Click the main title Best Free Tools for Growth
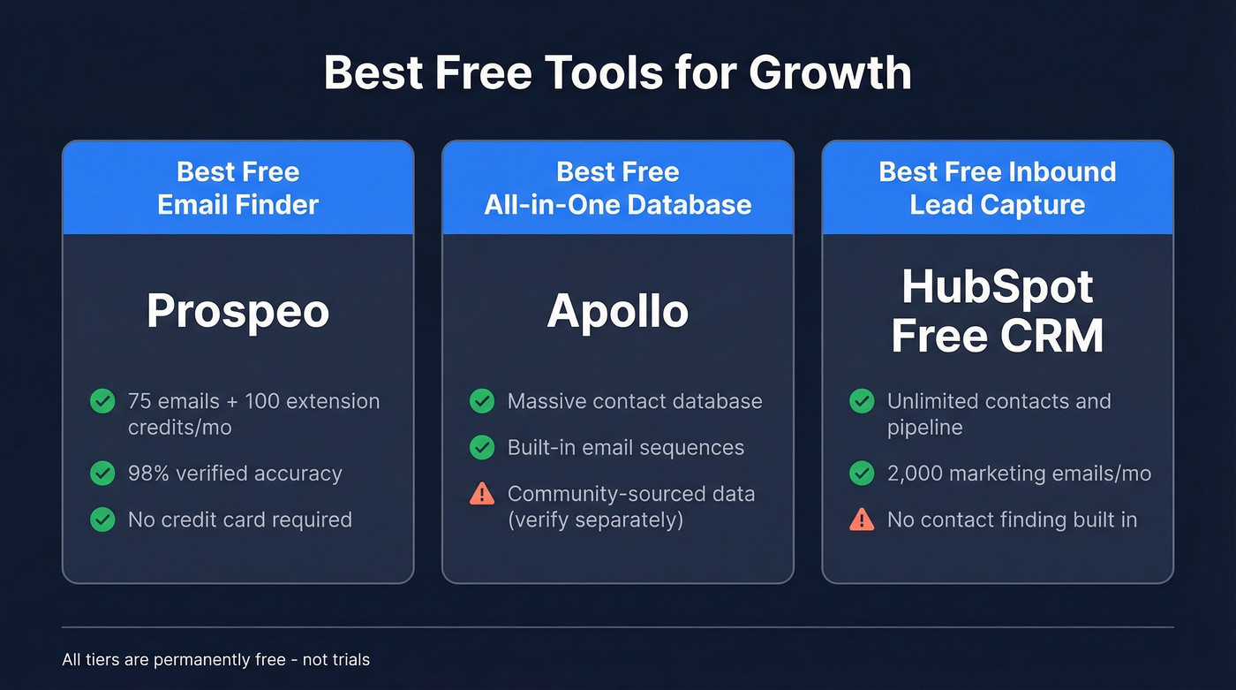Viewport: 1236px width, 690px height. click(617, 72)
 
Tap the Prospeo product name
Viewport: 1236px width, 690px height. click(237, 311)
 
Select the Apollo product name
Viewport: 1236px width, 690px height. click(617, 311)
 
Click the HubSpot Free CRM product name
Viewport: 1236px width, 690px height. click(997, 311)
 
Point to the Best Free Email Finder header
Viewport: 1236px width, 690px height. click(237, 188)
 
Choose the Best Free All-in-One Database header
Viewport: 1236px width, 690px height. click(617, 188)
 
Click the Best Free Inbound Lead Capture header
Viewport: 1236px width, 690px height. click(997, 188)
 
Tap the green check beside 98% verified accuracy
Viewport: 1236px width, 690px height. click(102, 474)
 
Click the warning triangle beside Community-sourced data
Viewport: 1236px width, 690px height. click(482, 494)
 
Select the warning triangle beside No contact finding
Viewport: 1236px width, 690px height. click(862, 520)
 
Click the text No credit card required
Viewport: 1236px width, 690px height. click(239, 519)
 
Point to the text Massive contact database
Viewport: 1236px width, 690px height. click(634, 401)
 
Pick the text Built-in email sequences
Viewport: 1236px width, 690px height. click(625, 448)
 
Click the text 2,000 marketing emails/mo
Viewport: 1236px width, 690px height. click(1019, 474)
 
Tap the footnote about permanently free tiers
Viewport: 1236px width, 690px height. click(216, 660)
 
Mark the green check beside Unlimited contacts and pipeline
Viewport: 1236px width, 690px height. click(862, 401)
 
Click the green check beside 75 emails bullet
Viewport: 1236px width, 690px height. click(102, 401)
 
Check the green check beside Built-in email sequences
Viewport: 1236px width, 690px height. click(482, 448)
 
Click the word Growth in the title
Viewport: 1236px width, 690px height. click(830, 72)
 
